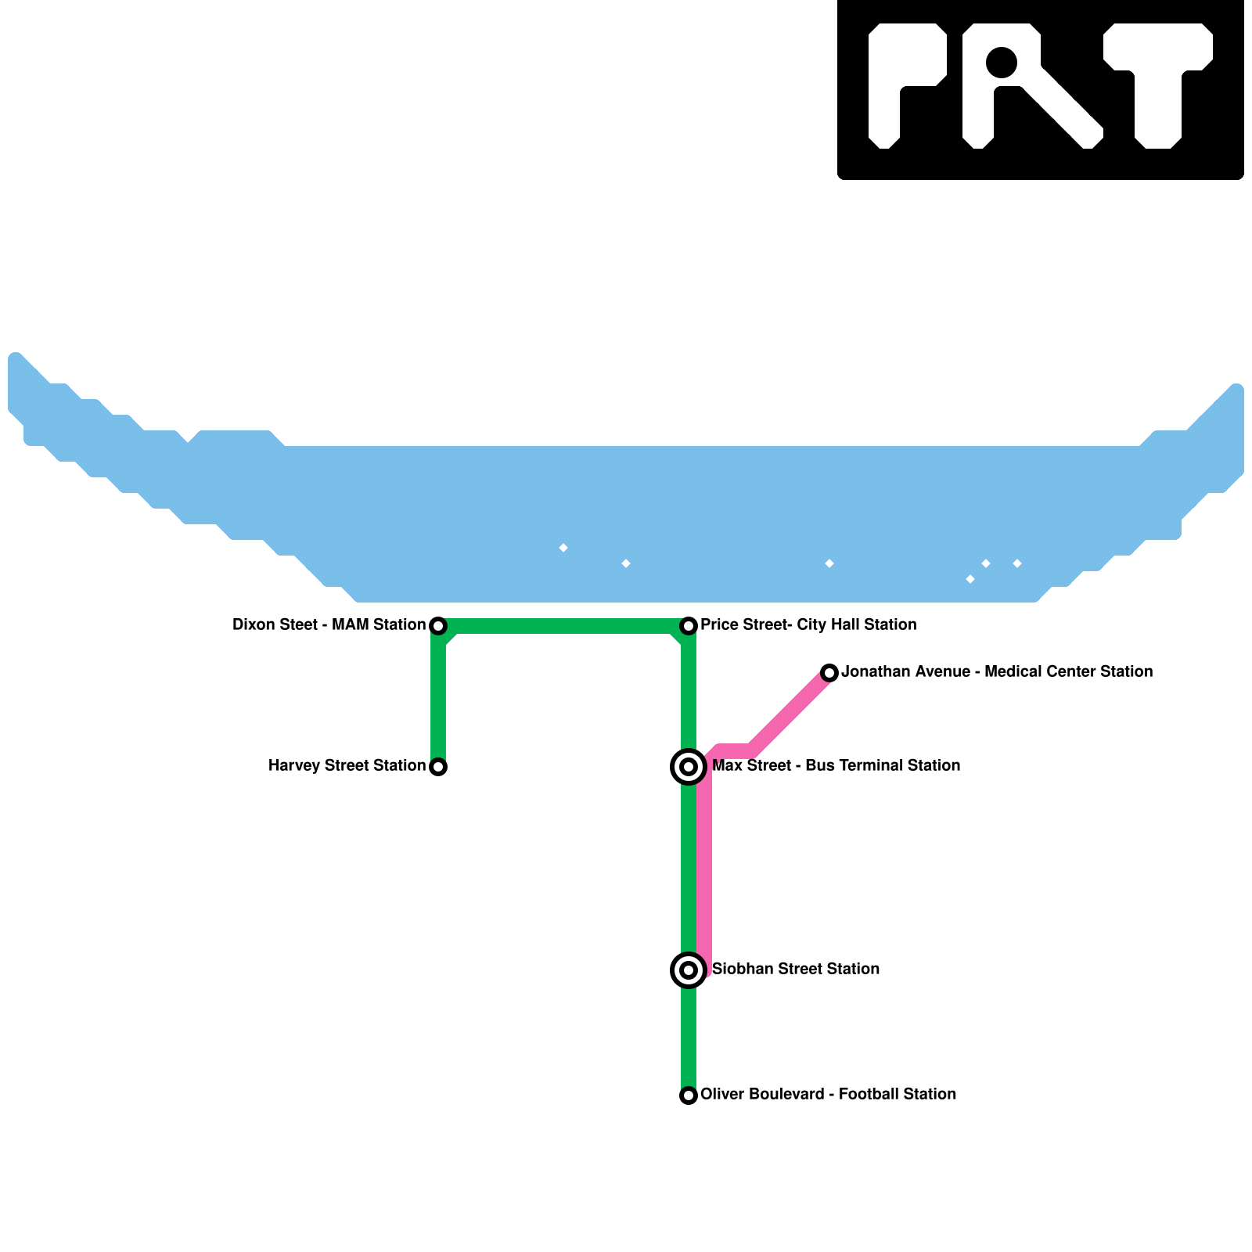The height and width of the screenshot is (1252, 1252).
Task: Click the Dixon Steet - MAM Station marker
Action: [x=438, y=626]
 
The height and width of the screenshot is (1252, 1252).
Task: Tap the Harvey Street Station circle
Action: [x=438, y=767]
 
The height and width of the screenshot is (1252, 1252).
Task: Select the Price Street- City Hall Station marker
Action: [x=689, y=626]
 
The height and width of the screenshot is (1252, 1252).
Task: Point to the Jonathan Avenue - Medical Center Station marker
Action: [x=829, y=673]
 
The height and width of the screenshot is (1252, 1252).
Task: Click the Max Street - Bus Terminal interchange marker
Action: [x=689, y=767]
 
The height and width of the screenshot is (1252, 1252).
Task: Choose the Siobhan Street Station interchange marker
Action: [x=689, y=970]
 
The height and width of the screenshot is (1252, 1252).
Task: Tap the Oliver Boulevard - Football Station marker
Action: [x=689, y=1095]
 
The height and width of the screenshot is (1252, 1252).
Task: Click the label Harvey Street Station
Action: [x=347, y=766]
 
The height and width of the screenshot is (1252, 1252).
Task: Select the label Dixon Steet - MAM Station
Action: [x=329, y=625]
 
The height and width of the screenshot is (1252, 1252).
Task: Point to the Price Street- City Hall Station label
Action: [x=808, y=625]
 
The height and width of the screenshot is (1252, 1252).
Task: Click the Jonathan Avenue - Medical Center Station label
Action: [x=997, y=672]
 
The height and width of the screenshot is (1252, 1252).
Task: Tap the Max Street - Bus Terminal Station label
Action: [x=836, y=766]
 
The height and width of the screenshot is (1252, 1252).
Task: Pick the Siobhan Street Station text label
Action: [x=795, y=970]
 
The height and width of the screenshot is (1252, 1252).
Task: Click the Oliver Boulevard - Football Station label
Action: [x=828, y=1095]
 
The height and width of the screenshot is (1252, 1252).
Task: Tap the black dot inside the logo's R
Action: [x=1002, y=63]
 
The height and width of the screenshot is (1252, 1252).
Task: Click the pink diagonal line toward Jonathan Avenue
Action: [x=790, y=712]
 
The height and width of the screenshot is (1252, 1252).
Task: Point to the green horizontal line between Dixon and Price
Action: [x=563, y=626]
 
